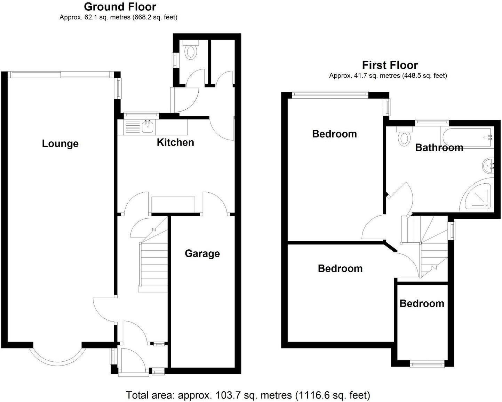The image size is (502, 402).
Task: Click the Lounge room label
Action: tap(60, 144)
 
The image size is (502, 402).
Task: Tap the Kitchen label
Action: tap(175, 142)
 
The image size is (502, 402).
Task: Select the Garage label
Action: tap(202, 254)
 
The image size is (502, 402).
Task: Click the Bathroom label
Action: tap(439, 148)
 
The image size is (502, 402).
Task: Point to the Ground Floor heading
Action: tap(120, 7)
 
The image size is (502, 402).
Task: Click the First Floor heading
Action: tap(390, 65)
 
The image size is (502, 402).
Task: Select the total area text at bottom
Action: tap(248, 395)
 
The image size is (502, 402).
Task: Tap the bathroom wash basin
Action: tap(488, 165)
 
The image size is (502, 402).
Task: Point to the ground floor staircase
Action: tap(153, 264)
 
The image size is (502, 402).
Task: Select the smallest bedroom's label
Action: tap(422, 304)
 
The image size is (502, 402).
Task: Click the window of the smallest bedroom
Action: tap(427, 363)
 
